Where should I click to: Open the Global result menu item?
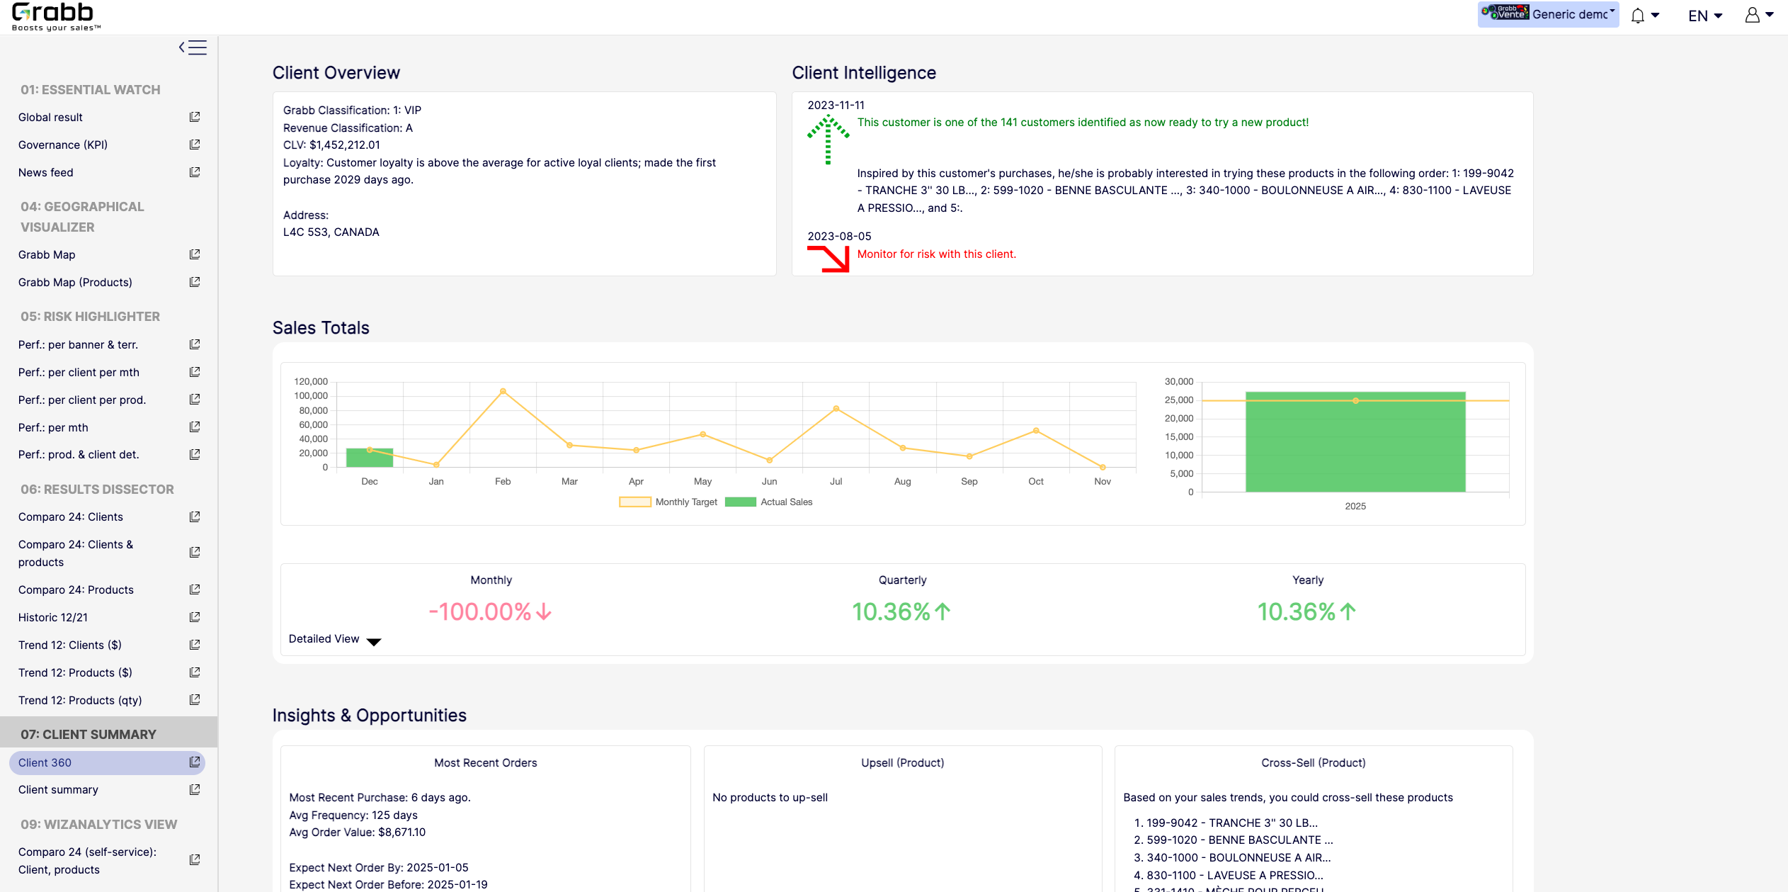[50, 117]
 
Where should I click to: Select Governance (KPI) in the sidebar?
[63, 145]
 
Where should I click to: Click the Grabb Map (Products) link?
[75, 282]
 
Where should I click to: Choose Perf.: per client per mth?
[79, 372]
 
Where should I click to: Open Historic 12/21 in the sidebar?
[53, 617]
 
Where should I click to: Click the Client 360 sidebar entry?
[45, 762]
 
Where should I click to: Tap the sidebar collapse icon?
[193, 47]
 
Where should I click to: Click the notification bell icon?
[1638, 16]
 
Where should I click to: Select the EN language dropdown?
[1705, 16]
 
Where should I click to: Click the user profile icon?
[1753, 16]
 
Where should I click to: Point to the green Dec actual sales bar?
[370, 458]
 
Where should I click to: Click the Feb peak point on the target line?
[503, 391]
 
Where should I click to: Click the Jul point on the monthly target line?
[836, 409]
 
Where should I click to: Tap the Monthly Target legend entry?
[668, 502]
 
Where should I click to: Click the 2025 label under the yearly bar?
[1355, 506]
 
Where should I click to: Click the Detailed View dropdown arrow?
[374, 641]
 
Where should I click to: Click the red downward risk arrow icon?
[828, 259]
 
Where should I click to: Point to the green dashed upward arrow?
[828, 140]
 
